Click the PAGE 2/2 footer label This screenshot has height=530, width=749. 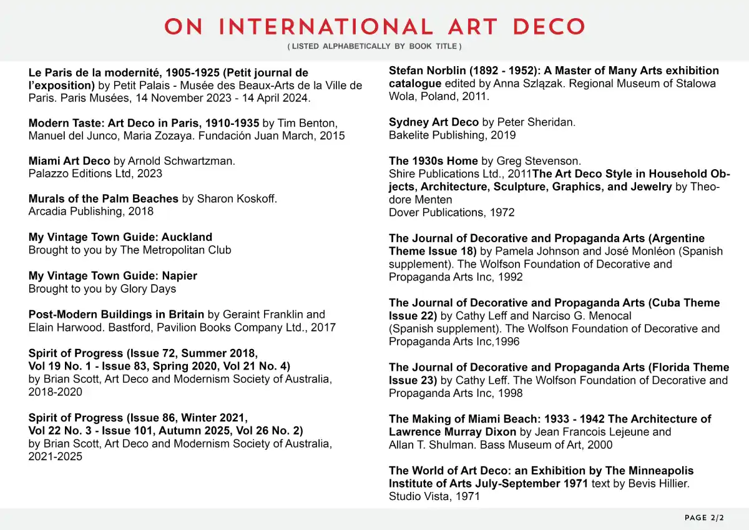704,518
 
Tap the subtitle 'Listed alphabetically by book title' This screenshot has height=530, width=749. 374,47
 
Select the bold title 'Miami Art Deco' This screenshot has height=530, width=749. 69,161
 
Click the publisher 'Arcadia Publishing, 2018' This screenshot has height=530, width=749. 91,212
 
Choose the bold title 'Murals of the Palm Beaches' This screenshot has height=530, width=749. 104,199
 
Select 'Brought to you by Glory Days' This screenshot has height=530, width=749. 102,289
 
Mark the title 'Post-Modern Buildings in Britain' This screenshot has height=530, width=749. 116,315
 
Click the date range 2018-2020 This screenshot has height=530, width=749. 55,393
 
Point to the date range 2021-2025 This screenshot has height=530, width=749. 55,457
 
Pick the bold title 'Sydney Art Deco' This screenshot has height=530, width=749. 434,122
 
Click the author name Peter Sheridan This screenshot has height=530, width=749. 536,122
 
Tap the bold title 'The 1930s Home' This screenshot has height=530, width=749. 433,161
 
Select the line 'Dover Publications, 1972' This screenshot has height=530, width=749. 452,213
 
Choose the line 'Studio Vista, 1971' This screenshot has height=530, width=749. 434,497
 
